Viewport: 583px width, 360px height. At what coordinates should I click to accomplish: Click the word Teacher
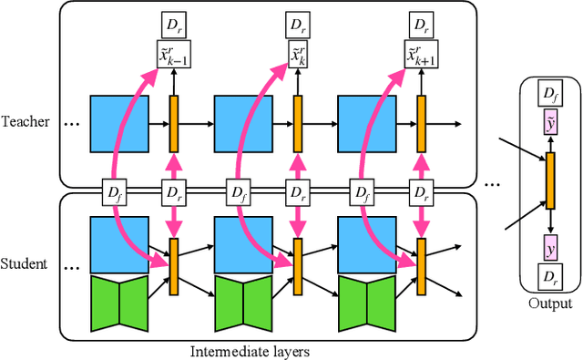pos(25,121)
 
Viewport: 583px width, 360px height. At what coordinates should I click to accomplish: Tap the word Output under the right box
pos(549,304)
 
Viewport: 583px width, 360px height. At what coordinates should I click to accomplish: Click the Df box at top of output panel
pos(549,94)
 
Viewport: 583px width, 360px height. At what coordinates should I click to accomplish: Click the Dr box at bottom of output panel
pos(549,277)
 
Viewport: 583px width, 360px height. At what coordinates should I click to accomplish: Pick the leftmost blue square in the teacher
pos(118,123)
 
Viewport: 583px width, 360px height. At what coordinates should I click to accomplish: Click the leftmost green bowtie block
pos(118,303)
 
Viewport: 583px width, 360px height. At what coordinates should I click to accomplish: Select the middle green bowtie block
pos(242,303)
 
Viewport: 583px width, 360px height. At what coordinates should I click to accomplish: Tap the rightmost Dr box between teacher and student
pos(421,193)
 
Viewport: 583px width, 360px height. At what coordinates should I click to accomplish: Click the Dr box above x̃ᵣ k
pos(297,23)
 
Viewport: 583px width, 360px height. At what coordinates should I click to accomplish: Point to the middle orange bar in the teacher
pos(297,123)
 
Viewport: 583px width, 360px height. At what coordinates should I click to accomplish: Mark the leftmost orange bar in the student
pos(174,265)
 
